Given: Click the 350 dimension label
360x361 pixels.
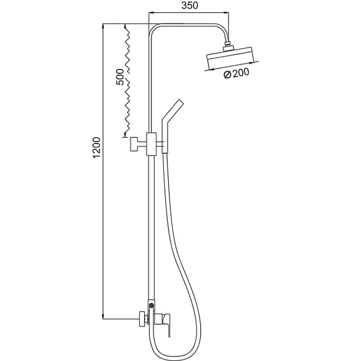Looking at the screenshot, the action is (190, 5).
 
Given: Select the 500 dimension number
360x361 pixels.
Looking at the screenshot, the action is (120, 76).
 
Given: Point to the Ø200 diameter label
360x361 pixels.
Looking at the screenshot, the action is (236, 73).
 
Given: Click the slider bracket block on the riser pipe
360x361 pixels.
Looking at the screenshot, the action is (152, 144).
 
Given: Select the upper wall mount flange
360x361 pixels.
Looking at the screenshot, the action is (134, 144).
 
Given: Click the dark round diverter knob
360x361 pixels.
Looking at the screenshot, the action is (151, 305).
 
